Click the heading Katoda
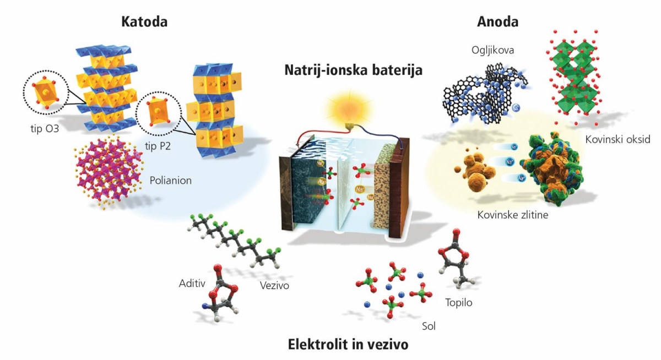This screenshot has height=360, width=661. (x=144, y=22)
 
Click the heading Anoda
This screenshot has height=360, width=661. (x=497, y=22)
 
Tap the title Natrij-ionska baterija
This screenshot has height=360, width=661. (x=353, y=70)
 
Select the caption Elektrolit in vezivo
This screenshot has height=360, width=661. (x=348, y=344)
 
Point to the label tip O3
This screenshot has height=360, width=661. (x=45, y=129)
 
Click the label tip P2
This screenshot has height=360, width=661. (x=158, y=146)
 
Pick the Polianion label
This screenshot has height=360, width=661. (x=171, y=180)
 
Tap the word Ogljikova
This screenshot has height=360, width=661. (x=492, y=51)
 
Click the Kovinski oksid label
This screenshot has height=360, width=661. (x=617, y=139)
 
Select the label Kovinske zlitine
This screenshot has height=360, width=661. (x=513, y=215)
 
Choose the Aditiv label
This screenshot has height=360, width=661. (x=192, y=283)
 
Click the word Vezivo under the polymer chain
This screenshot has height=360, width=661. (x=274, y=285)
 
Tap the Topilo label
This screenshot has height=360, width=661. (x=458, y=303)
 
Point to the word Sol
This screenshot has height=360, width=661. (x=429, y=326)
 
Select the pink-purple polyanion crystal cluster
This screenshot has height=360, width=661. (x=109, y=172)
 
